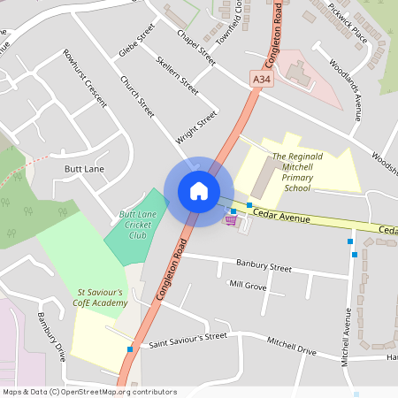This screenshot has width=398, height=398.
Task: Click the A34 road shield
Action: pyautogui.click(x=260, y=80)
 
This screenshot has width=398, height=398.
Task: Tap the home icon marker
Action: pyautogui.click(x=199, y=191)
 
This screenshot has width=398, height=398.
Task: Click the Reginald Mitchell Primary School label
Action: pyautogui.click(x=297, y=172)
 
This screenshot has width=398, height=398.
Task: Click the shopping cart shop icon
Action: pyautogui.click(x=231, y=219)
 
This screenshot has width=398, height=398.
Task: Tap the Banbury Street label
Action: pyautogui.click(x=264, y=265)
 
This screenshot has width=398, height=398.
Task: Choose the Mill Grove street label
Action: pyautogui.click(x=248, y=285)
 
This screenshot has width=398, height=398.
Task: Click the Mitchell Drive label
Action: pyautogui.click(x=292, y=346)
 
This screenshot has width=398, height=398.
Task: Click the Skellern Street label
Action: pyautogui.click(x=177, y=74)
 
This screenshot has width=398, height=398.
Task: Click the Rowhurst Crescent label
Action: pyautogui.click(x=85, y=73)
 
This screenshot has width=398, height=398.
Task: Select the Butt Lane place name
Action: pyautogui.click(x=85, y=167)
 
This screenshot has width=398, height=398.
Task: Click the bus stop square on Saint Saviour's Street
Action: pyautogui.click(x=131, y=349)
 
